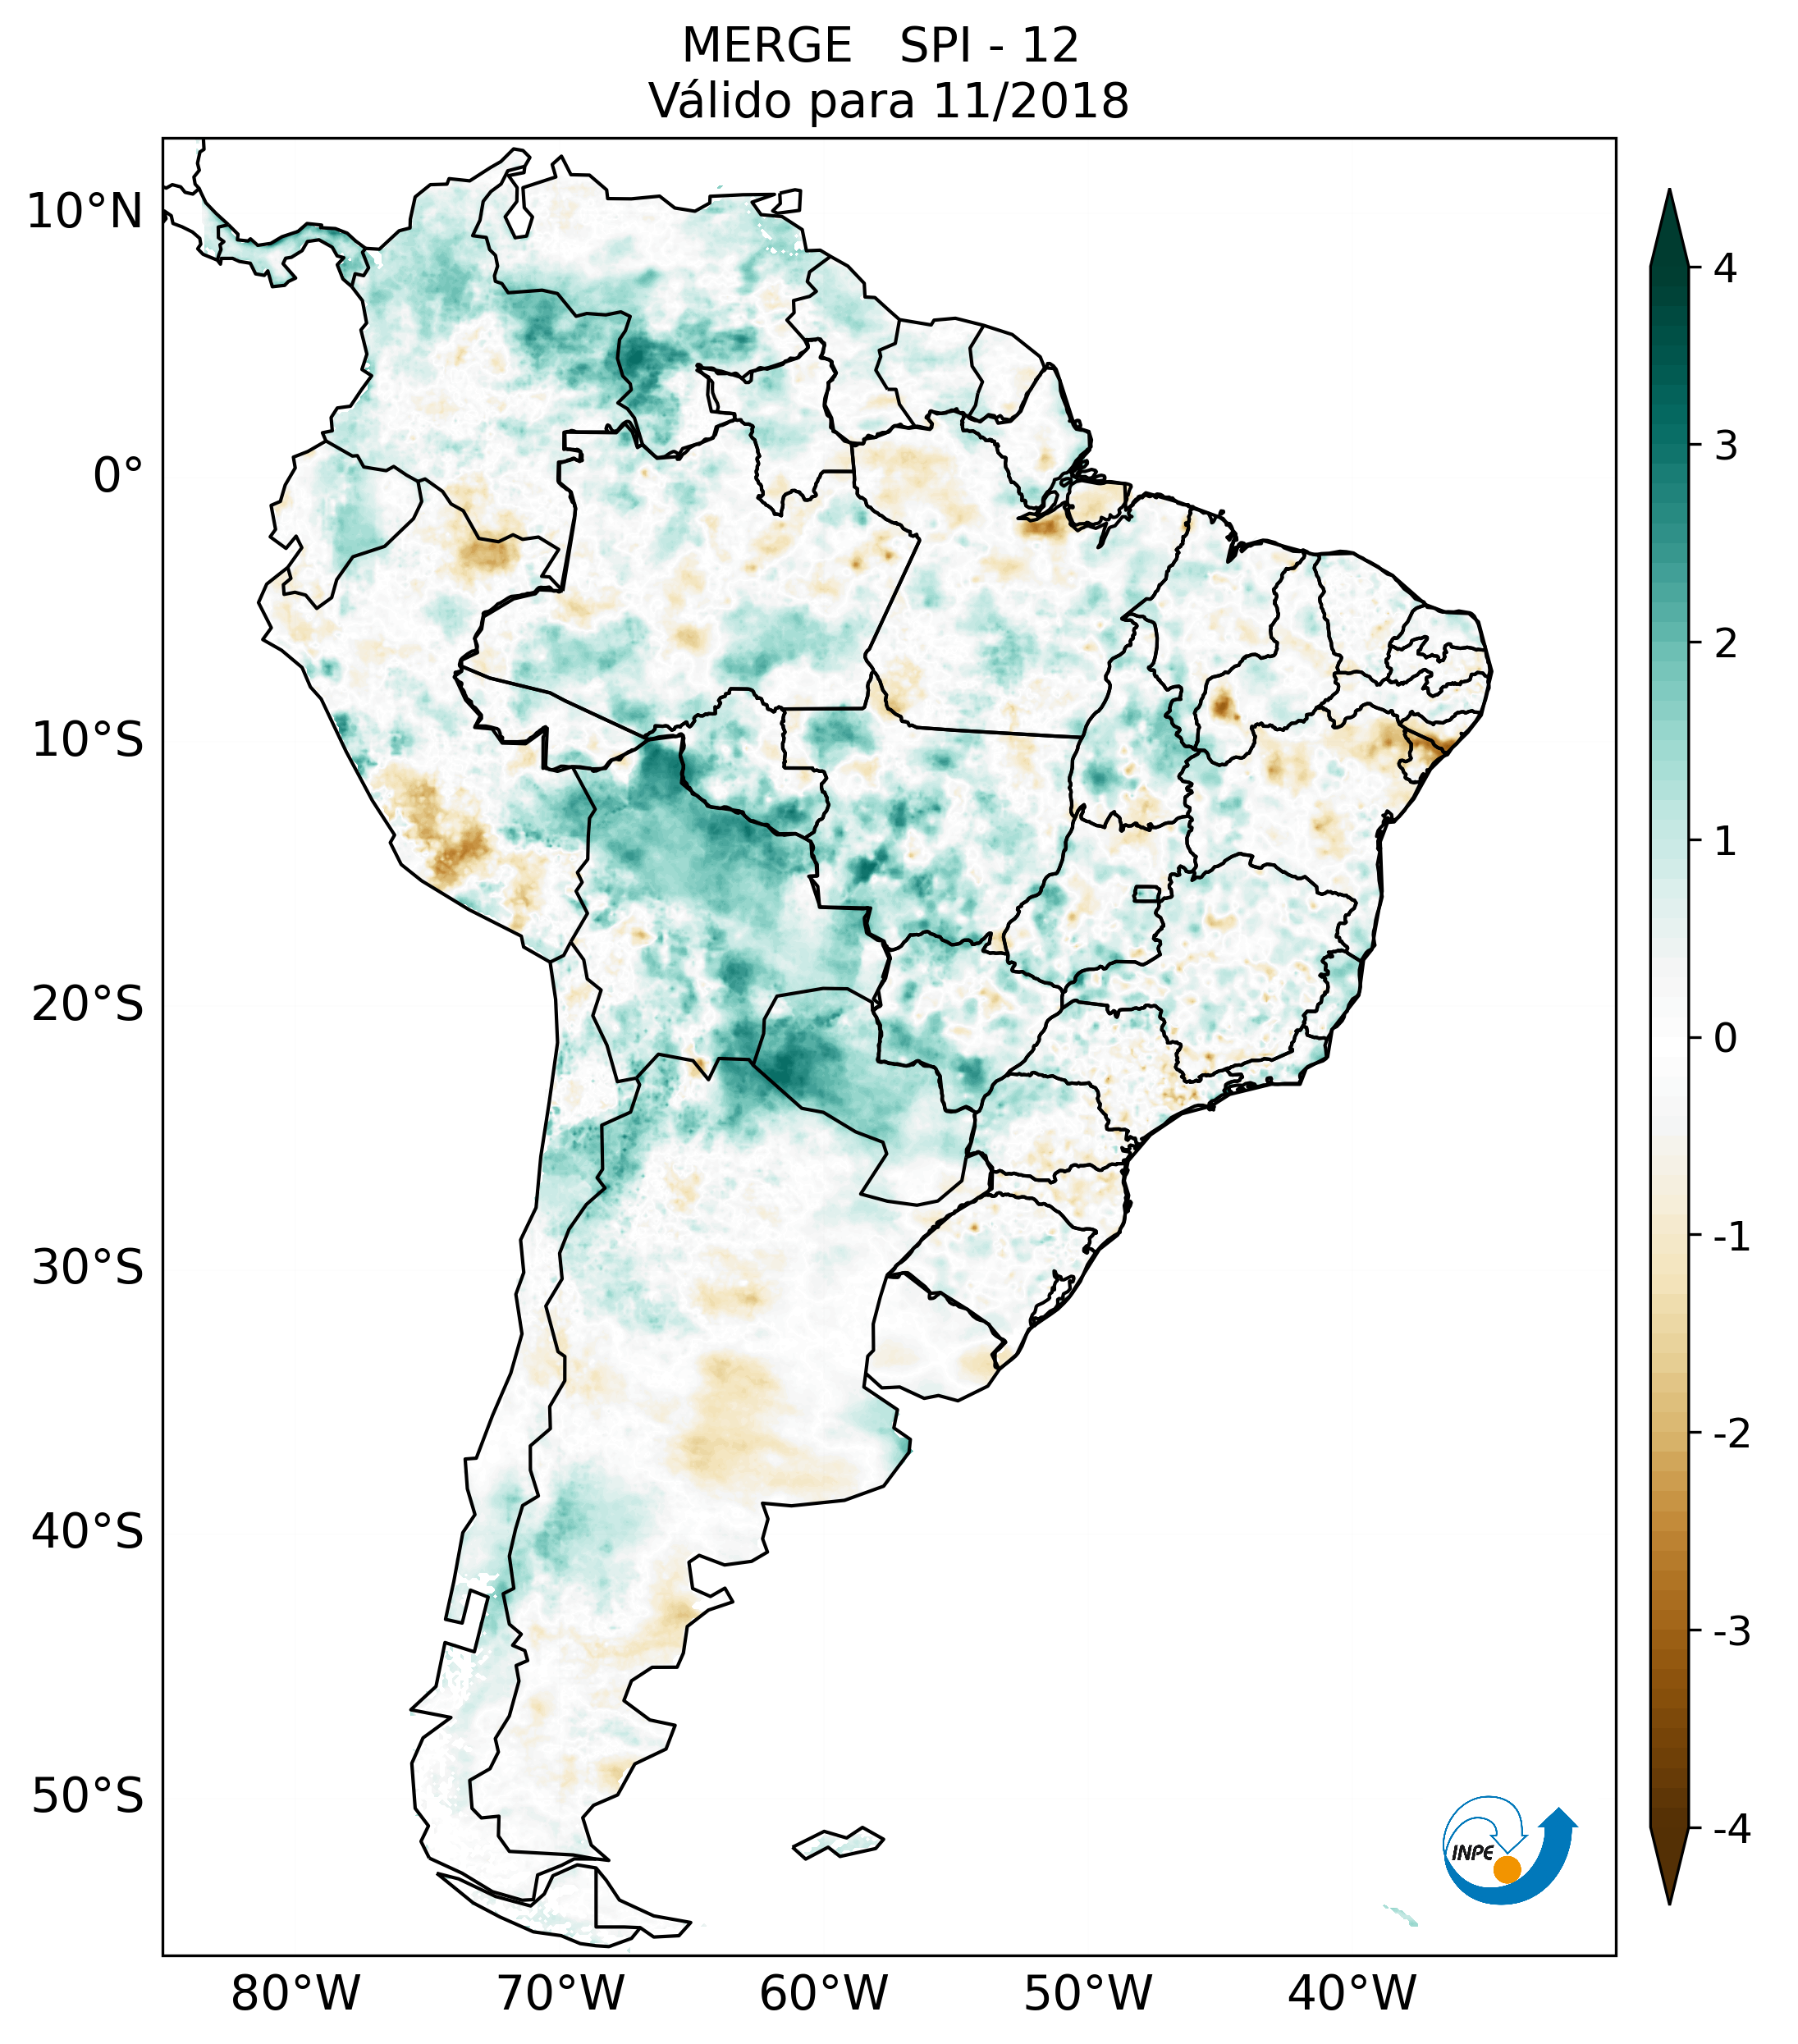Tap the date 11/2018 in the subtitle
coord(1030,101)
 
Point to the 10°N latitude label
coord(85,212)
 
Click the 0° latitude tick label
coord(118,476)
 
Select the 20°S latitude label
coord(88,1004)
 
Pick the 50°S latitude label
coord(88,1796)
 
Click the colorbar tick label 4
coord(1725,268)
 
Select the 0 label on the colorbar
coord(1725,1039)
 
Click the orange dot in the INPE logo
coord(1506,1869)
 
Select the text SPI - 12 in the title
coord(989,46)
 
